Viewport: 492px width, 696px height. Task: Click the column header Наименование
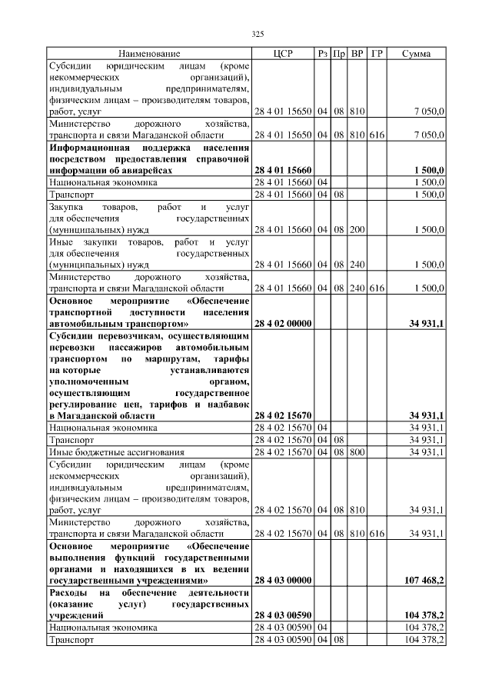148,54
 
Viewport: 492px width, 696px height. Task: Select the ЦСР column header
283,54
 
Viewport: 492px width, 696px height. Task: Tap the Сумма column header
416,54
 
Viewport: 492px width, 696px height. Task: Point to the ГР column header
376,54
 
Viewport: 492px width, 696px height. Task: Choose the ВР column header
357,54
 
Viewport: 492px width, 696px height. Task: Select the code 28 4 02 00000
282,323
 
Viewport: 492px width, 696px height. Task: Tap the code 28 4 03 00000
282,579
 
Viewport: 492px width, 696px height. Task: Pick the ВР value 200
357,229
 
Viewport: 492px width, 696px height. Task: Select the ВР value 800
357,451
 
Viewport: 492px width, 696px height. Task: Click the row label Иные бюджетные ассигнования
105,451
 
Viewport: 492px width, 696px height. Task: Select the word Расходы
68,593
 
